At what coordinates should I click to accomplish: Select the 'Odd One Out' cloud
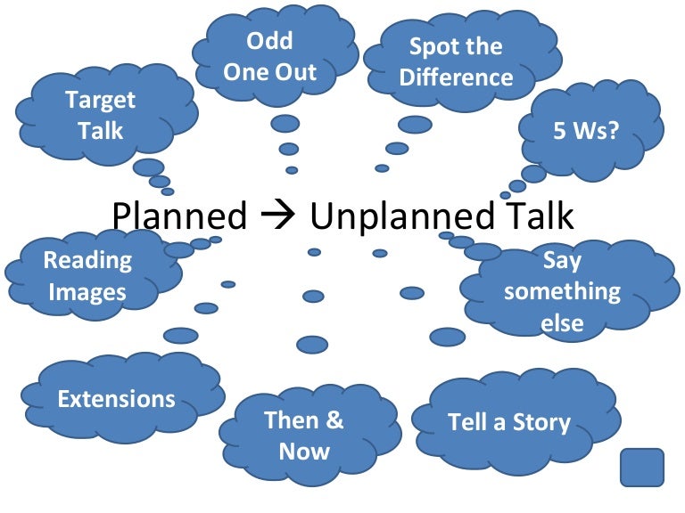[269, 55]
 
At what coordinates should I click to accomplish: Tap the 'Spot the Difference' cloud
[456, 61]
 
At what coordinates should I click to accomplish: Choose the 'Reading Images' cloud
[87, 275]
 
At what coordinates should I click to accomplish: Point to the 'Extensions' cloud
[116, 398]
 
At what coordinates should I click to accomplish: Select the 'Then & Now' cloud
[303, 435]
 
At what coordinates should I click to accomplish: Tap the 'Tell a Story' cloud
[508, 421]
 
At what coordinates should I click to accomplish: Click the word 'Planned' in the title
[179, 216]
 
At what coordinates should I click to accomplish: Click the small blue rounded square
[641, 468]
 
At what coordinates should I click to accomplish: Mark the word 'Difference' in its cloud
[456, 77]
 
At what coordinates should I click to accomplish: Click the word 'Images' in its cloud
[87, 291]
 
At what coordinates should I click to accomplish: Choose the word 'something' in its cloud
[562, 291]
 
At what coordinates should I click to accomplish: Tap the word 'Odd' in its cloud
[269, 41]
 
